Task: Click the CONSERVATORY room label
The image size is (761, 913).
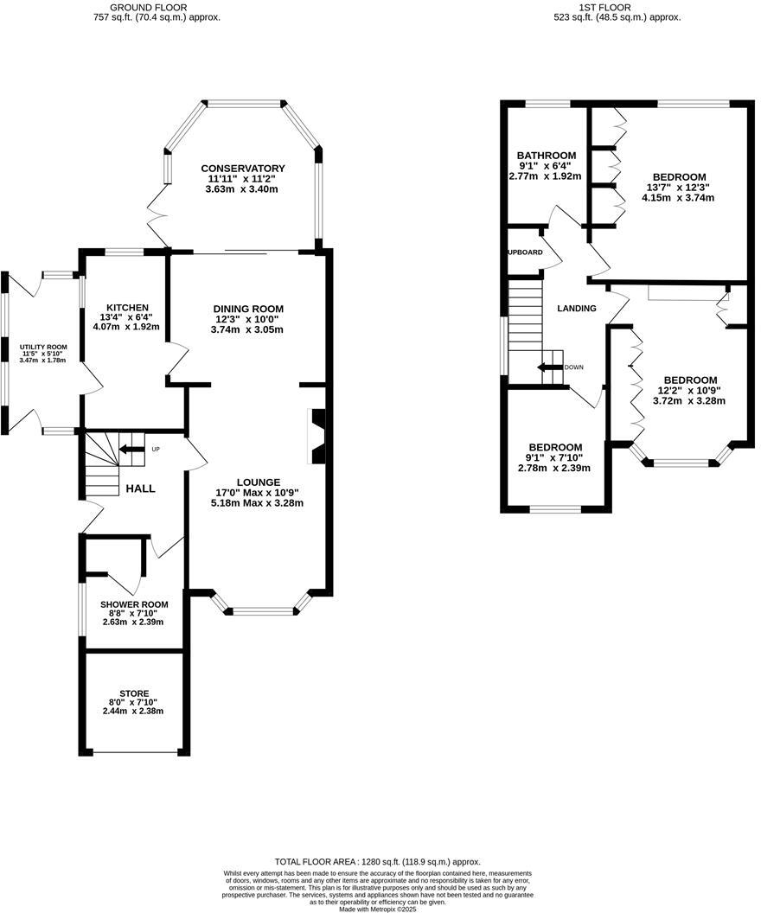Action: pyautogui.click(x=243, y=168)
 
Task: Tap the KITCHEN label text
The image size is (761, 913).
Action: pyautogui.click(x=128, y=308)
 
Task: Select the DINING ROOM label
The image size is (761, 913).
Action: pyautogui.click(x=249, y=309)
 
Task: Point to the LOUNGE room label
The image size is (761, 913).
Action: pyautogui.click(x=259, y=482)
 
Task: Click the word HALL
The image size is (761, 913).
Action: pyautogui.click(x=140, y=488)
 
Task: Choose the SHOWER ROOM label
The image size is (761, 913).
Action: pyautogui.click(x=134, y=604)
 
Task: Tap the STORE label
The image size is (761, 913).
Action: pyautogui.click(x=134, y=693)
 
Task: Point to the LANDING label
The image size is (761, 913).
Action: pyautogui.click(x=577, y=309)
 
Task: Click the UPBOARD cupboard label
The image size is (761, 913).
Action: pyautogui.click(x=525, y=252)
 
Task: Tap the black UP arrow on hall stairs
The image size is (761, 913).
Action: pyautogui.click(x=131, y=449)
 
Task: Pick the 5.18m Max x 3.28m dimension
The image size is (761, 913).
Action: pyautogui.click(x=259, y=503)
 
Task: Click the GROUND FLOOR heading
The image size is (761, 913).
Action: pyautogui.click(x=138, y=7)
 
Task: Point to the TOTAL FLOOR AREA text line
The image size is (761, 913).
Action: pyautogui.click(x=377, y=862)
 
